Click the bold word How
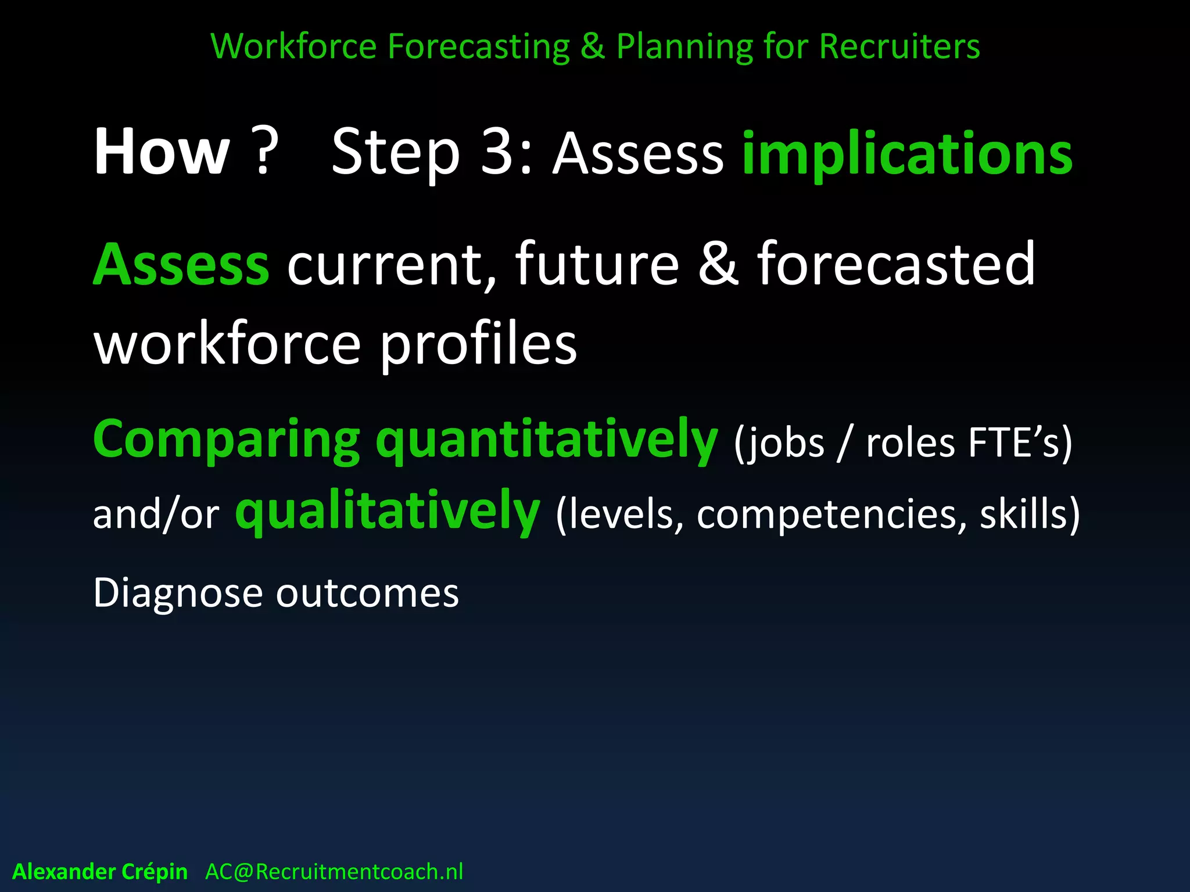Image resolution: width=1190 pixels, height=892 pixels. coord(162,152)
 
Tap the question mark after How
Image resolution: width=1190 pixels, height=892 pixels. coord(264,152)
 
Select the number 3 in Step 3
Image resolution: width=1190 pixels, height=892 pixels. coord(499,152)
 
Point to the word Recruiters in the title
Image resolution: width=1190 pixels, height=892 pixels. coord(899,46)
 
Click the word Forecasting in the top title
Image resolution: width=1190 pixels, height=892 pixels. coord(478,46)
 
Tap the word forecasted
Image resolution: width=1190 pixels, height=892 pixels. coord(896,264)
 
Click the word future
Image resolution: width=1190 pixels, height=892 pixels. coord(597,264)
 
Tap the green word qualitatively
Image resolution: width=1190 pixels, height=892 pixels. coord(388,512)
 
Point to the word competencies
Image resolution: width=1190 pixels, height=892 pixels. coord(826,515)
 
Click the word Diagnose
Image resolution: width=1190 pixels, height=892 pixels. coord(178,594)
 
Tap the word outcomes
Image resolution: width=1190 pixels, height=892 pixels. coord(367,594)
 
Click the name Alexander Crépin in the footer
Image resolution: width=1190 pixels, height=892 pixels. coord(100,872)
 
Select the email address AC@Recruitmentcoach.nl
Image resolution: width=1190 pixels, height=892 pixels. coord(334,872)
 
